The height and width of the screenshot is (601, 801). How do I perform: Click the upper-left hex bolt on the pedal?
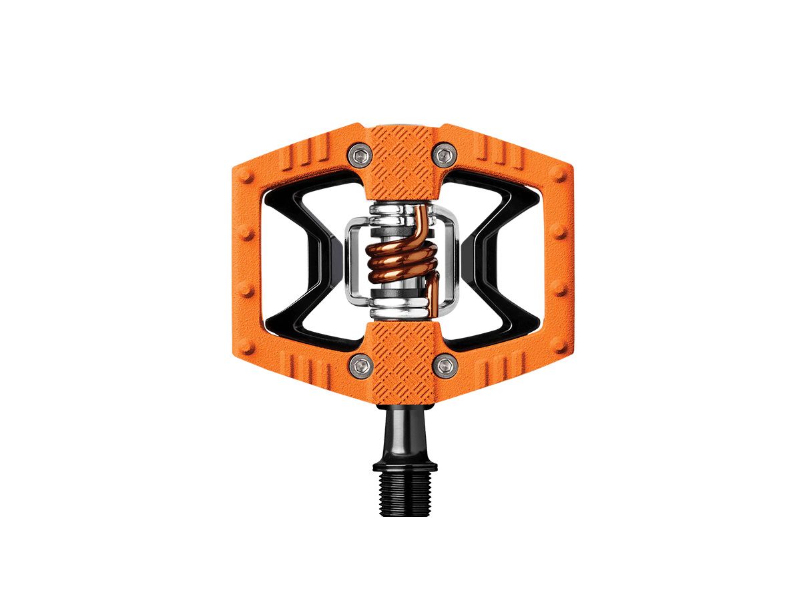tap(361, 156)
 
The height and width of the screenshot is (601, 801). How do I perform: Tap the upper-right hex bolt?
tap(443, 156)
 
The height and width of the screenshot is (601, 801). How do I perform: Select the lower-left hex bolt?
tap(361, 365)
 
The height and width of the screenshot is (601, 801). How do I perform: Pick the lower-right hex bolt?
tap(443, 365)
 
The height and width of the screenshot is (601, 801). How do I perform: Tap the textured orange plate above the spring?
tap(402, 160)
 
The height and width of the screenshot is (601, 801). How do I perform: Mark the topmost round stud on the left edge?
tap(247, 177)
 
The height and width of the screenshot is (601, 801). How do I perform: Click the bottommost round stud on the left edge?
tap(247, 347)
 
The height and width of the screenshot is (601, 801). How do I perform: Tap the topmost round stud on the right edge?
tap(557, 177)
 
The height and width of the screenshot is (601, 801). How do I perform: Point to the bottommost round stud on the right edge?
tap(557, 347)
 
